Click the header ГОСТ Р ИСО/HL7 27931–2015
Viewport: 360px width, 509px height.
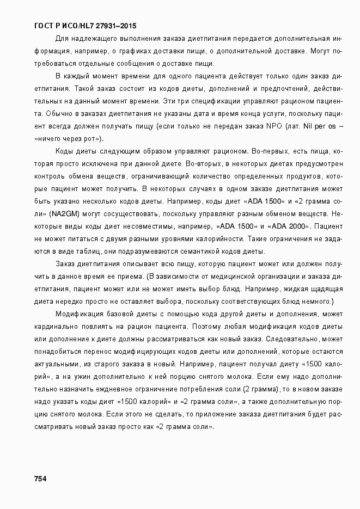pyautogui.click(x=85, y=26)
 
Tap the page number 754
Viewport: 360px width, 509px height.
pyautogui.click(x=40, y=479)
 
